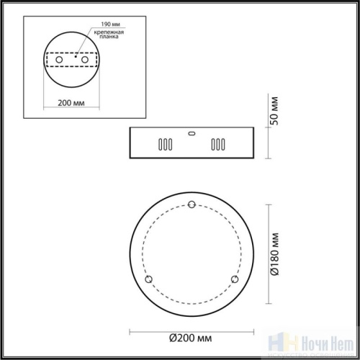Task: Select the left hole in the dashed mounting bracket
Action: (x=58, y=59)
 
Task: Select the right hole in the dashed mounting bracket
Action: (x=85, y=59)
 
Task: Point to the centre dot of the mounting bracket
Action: (x=76, y=57)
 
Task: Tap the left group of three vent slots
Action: (x=165, y=143)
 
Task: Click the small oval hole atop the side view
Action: (x=191, y=132)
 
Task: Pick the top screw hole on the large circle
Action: (x=191, y=206)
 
